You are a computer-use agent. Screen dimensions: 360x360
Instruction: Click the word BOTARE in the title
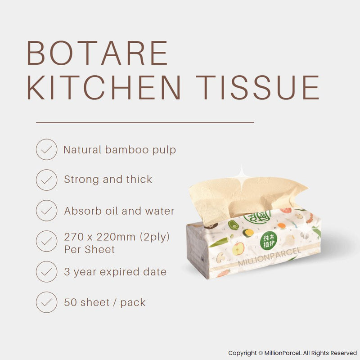tap(98, 54)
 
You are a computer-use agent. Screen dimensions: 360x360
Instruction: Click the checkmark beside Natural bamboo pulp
tap(46, 149)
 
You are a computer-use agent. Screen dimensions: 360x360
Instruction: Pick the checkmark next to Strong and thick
tap(46, 180)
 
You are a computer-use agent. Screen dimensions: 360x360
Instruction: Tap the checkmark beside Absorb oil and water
tap(46, 211)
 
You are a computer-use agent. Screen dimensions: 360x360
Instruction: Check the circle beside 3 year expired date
tap(46, 272)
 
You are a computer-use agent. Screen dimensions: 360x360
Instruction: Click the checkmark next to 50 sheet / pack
tap(46, 302)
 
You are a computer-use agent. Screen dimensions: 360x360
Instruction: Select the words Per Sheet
tap(90, 249)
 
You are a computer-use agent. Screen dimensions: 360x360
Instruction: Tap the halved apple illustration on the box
tap(238, 247)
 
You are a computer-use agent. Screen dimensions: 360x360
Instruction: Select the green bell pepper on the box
tap(234, 224)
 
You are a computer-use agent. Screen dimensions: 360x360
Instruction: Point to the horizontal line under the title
tap(145, 122)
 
